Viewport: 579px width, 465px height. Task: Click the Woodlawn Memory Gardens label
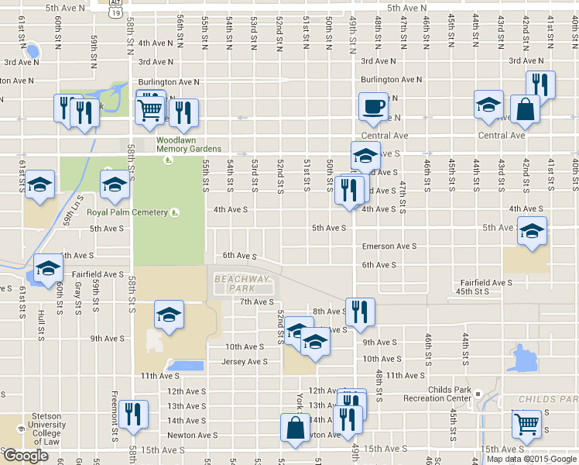click(x=189, y=144)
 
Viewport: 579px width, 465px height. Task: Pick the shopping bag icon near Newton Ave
click(x=295, y=426)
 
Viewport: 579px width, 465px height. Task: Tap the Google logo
click(x=26, y=456)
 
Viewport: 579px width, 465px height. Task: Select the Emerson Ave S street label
click(x=389, y=246)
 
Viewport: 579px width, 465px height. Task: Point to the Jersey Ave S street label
click(x=245, y=362)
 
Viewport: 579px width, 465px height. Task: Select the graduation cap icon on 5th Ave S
click(x=532, y=231)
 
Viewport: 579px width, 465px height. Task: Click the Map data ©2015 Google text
click(x=530, y=458)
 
